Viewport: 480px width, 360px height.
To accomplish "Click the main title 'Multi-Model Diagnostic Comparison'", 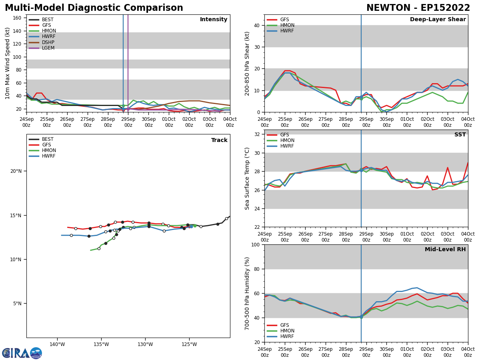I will (94, 8).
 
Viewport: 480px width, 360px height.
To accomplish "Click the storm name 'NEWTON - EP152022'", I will (418, 8).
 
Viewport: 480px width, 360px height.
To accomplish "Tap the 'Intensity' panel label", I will (214, 20).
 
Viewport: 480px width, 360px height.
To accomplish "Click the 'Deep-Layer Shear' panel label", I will (438, 20).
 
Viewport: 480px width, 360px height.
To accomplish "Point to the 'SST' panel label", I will (460, 135).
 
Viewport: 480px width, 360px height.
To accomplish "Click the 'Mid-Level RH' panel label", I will (445, 250).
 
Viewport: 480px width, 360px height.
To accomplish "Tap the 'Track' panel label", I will (219, 140).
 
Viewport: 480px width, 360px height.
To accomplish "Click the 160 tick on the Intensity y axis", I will (17, 18).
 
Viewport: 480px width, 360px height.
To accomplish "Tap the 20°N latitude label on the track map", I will (16, 171).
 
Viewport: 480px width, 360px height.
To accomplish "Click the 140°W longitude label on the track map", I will (57, 344).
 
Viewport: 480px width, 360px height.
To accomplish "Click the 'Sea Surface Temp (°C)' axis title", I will (248, 178).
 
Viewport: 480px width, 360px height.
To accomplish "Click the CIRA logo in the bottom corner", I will (22, 353).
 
